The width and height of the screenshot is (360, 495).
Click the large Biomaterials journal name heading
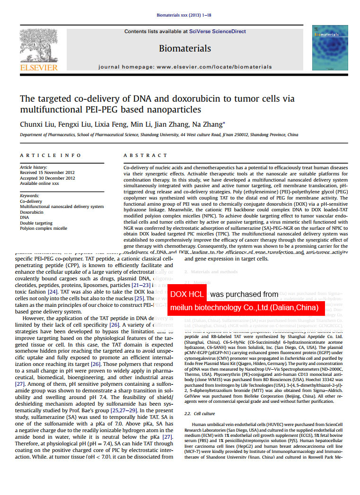185,48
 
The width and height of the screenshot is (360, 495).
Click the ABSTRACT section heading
145,156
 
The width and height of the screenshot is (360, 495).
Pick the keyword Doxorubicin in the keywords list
31,212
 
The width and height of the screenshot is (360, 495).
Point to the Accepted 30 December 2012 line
47,178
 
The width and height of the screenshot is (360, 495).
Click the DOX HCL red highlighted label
187,294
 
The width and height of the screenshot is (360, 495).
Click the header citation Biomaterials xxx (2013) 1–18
184,15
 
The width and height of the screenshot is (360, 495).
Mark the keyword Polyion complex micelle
43,228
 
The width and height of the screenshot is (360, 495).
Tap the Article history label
34,167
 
